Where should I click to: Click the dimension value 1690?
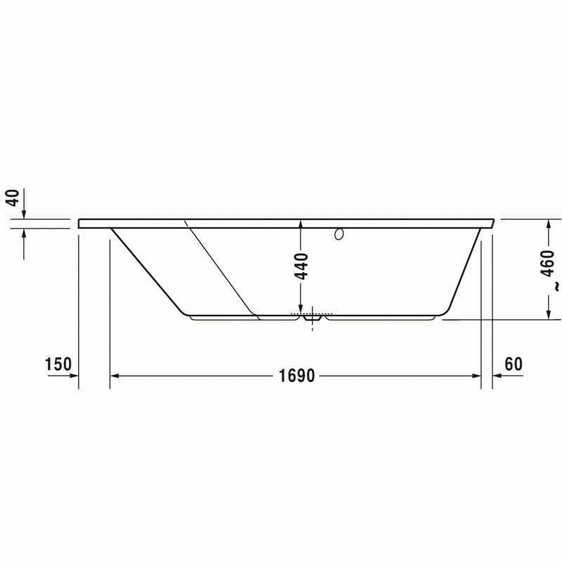(296, 376)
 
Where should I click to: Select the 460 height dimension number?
(547, 263)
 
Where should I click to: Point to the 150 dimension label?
(58, 365)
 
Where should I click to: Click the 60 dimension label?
(514, 365)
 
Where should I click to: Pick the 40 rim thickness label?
(13, 198)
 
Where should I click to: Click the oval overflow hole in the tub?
(339, 234)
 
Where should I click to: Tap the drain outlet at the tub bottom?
(312, 318)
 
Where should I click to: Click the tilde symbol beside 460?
(556, 286)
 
